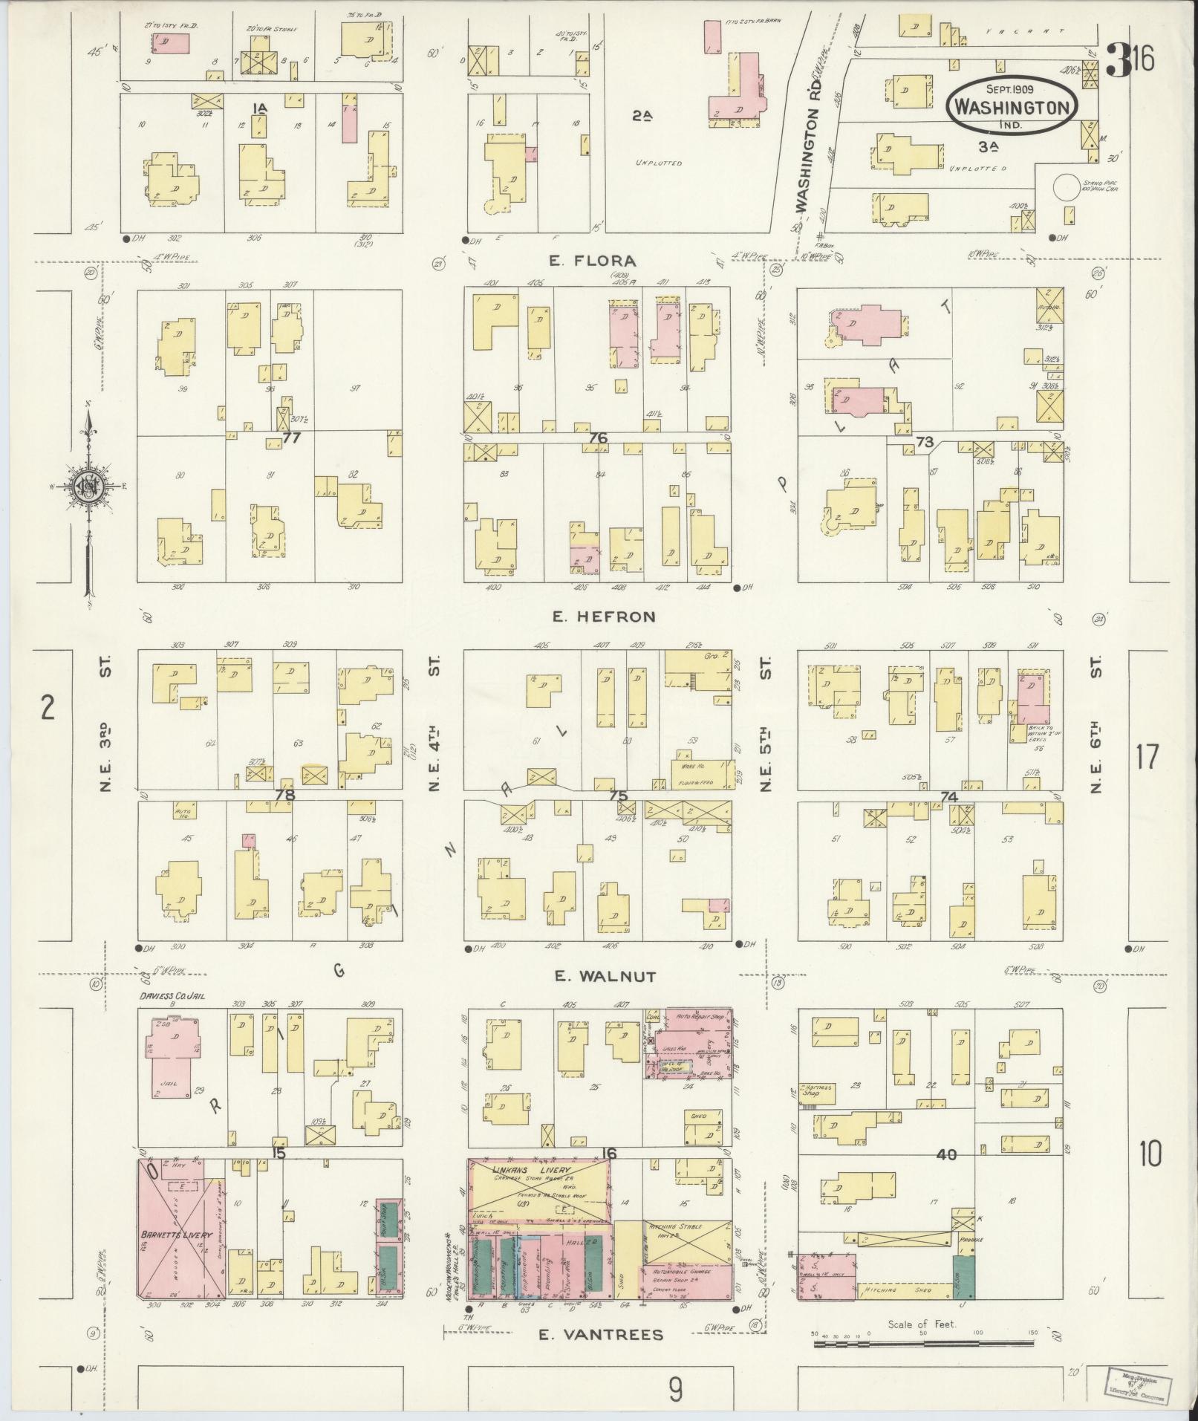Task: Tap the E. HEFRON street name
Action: click(x=603, y=617)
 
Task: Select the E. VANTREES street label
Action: click(x=600, y=1335)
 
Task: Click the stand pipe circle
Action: click(x=1067, y=186)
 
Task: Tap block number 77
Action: click(x=291, y=438)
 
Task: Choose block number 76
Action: click(x=597, y=438)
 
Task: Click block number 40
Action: click(x=946, y=1154)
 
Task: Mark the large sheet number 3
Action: click(x=1116, y=60)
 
